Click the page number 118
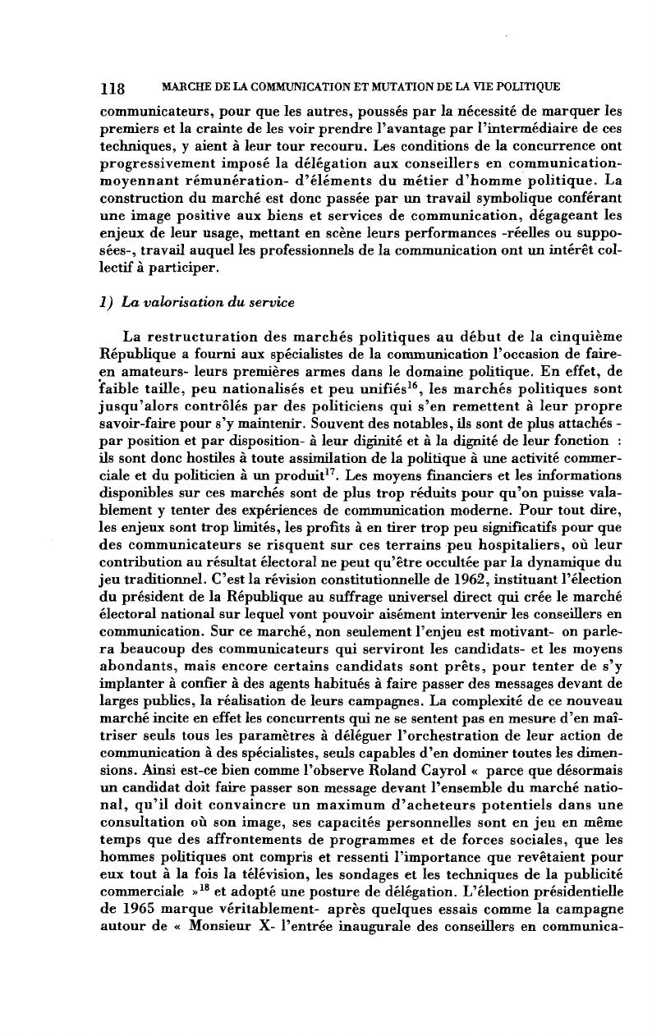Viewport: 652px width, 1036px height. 112,89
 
